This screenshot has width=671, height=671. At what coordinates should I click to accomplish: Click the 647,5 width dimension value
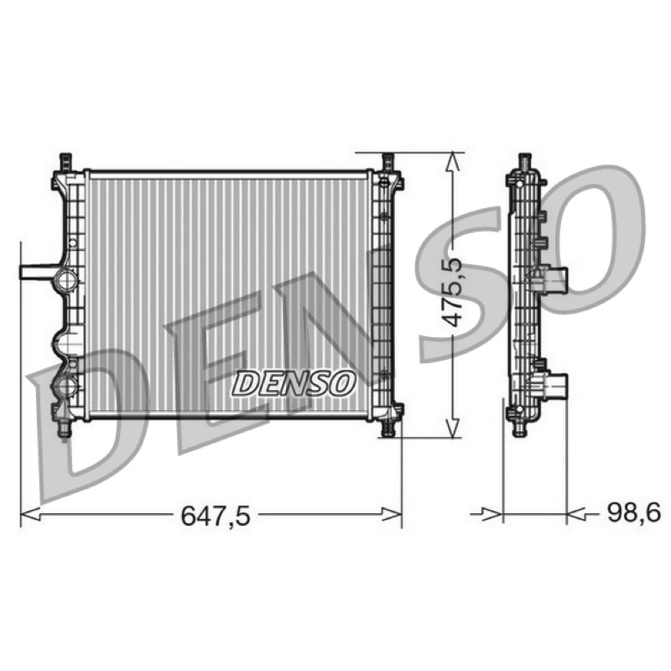216,516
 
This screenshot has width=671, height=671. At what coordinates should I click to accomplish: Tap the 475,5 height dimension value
452,292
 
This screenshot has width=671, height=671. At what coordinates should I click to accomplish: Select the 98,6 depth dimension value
634,512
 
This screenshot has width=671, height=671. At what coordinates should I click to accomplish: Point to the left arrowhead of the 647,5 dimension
30,514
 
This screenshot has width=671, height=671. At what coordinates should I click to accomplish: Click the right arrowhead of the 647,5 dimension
392,514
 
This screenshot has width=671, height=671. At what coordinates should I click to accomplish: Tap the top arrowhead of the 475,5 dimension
453,162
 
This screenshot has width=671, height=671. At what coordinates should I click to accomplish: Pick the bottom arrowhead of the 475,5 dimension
453,428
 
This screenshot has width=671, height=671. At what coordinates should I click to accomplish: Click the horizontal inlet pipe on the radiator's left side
38,273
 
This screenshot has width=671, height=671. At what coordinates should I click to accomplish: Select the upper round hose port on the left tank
65,281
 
